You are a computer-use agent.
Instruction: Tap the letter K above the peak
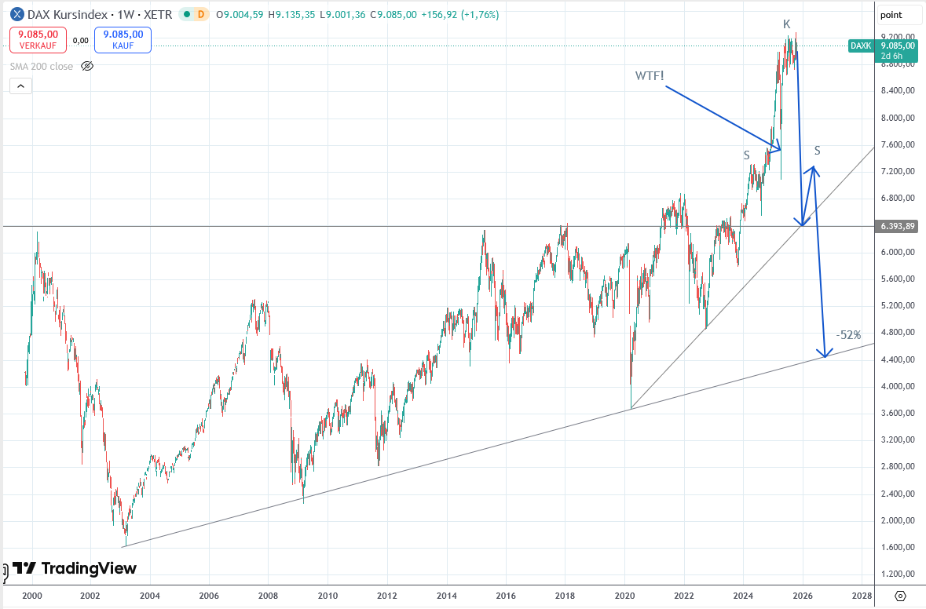coord(786,24)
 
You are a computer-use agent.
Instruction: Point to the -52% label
coord(848,335)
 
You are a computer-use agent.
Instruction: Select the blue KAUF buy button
coord(123,39)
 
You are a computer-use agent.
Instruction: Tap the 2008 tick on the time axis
coord(269,596)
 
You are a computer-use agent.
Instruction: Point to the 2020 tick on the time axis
coord(624,596)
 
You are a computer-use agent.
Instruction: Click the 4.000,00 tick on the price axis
coord(898,386)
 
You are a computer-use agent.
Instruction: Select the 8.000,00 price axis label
coord(898,118)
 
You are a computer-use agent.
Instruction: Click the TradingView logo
coord(75,568)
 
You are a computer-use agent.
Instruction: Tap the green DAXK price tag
coord(862,46)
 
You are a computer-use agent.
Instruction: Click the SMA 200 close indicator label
coord(42,67)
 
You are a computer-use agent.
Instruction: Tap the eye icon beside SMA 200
coord(87,67)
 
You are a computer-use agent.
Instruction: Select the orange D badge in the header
coord(201,14)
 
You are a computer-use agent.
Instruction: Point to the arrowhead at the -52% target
coord(825,355)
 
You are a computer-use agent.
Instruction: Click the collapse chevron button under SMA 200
coord(21,86)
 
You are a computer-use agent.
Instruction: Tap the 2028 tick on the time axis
coord(862,596)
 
